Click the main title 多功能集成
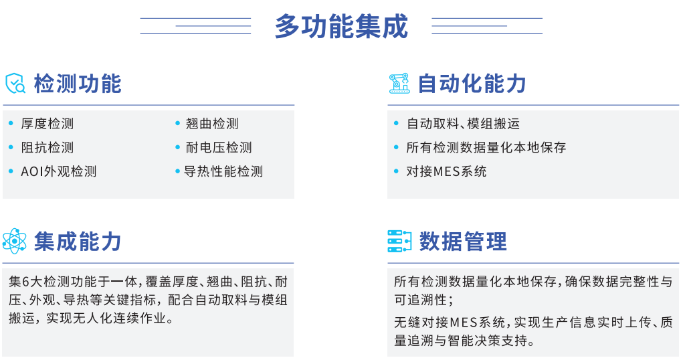tap(341, 27)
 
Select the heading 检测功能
tap(78, 84)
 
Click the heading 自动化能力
tap(472, 84)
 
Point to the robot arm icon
tap(399, 84)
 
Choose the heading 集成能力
tap(78, 242)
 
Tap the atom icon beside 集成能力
tap(14, 241)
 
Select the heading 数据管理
tap(463, 242)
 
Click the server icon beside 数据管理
tap(399, 241)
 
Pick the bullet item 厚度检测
tap(47, 124)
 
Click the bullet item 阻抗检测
tap(47, 148)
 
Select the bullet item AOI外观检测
tap(59, 171)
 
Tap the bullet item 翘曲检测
tap(212, 124)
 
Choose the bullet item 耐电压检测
tap(219, 148)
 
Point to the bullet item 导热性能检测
tap(223, 171)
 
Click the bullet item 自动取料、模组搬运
tap(463, 124)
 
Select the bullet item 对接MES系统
tap(446, 171)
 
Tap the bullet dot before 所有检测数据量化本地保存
tap(396, 147)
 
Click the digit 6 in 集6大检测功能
tap(25, 282)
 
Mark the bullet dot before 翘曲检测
tap(178, 123)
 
